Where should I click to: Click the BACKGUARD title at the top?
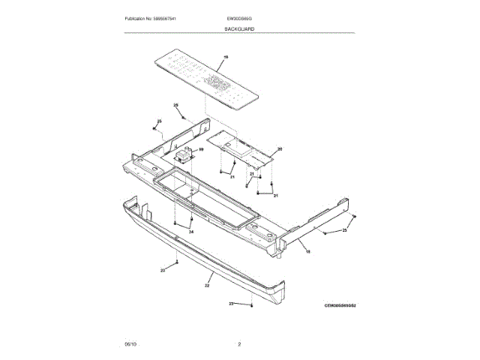tap(239, 28)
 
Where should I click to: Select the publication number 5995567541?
tap(166, 18)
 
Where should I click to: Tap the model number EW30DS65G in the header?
tap(238, 18)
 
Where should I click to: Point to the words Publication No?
tap(139, 18)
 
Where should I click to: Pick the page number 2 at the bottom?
tap(239, 343)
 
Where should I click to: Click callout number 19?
tap(226, 57)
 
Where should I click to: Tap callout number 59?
tap(200, 149)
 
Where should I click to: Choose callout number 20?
tap(280, 150)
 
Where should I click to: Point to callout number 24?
tap(190, 232)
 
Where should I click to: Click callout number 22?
tap(207, 285)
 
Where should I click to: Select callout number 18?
tap(307, 253)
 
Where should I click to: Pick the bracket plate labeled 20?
tap(240, 146)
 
